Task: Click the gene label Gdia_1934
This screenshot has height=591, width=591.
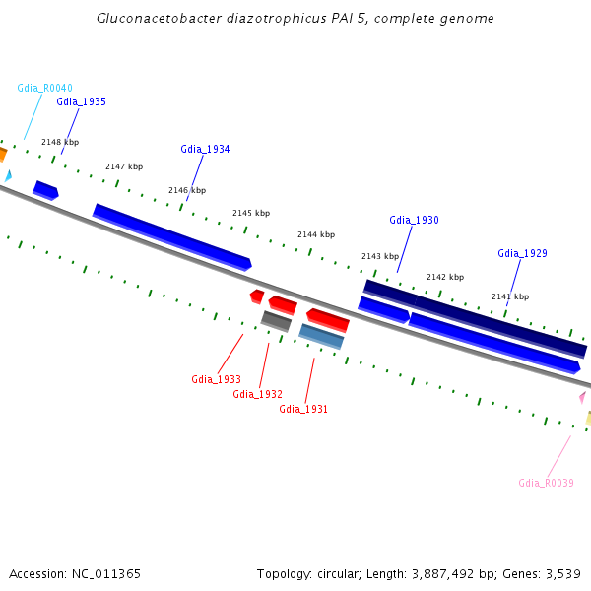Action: pos(205,150)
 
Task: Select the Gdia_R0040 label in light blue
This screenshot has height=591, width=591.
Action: pos(45,89)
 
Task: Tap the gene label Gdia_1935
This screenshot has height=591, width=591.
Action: pos(81,101)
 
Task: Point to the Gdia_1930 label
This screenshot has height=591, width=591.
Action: pos(414,220)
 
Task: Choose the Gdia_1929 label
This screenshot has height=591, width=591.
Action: pos(522,253)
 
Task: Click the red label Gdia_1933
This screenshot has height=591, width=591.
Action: pos(216,379)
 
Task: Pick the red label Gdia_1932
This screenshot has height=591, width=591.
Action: pos(257,394)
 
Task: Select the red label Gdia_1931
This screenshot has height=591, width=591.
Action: pos(303,409)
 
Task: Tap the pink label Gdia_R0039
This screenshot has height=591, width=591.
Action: pos(546,483)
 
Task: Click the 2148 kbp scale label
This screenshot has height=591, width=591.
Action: pos(60,142)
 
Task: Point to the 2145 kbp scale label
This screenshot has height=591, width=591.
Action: pos(251,213)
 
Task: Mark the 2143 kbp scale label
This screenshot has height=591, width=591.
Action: pos(380,256)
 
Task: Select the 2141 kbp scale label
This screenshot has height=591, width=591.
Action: pos(510,296)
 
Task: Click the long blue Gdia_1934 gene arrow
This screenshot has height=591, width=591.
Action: pos(172,237)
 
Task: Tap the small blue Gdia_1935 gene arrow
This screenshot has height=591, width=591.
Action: pos(46,190)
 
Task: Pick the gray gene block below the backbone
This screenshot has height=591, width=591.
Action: pos(276,321)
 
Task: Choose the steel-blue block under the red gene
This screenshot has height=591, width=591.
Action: pos(321,337)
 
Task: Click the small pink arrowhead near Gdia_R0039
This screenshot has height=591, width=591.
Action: pos(583,397)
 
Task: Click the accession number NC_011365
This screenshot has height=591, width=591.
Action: pos(106,574)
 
